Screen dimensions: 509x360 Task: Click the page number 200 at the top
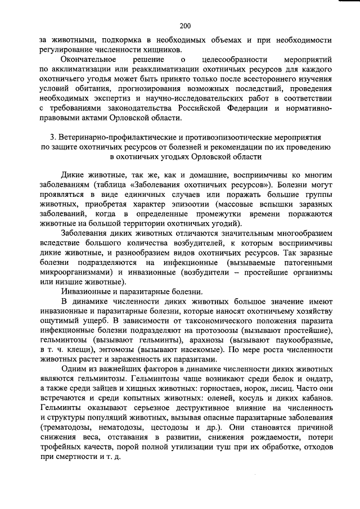coord(186,26)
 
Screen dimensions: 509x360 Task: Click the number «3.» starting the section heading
coord(54,137)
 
